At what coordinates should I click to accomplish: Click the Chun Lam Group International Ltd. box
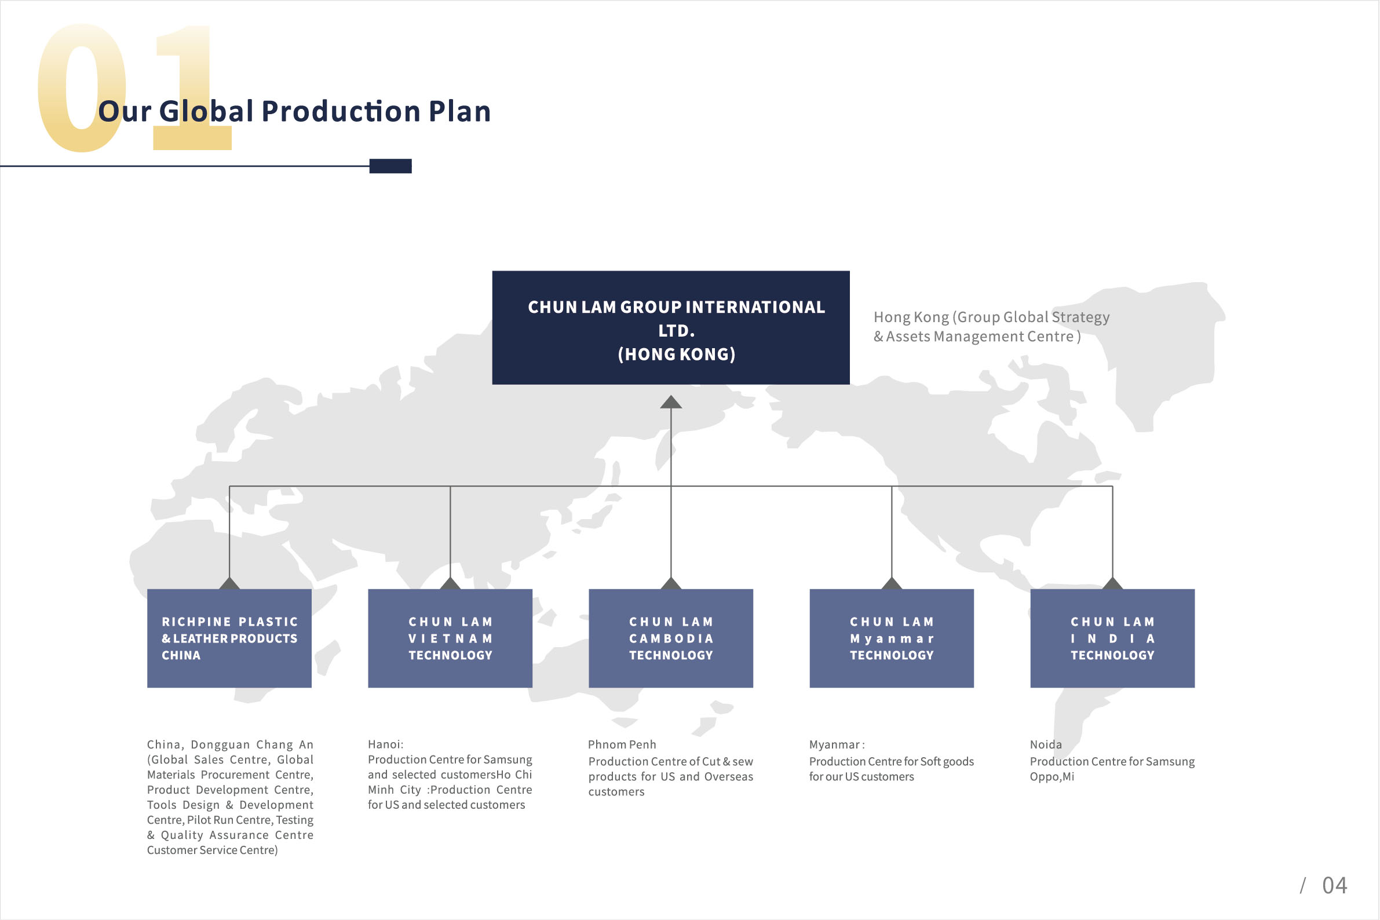671,327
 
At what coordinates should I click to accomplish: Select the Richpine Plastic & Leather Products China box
229,638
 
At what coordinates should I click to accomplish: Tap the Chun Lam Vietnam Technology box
450,638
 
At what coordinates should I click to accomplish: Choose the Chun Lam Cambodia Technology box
671,638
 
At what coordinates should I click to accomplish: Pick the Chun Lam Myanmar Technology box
892,638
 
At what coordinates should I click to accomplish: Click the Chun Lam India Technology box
1112,638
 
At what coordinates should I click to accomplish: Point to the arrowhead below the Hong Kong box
671,402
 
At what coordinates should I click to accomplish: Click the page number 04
1335,885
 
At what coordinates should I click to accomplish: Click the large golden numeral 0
82,88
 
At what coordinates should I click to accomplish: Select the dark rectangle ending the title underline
390,166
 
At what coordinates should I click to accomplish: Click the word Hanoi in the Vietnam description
384,744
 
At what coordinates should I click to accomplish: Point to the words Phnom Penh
622,744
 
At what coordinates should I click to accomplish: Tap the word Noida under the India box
1046,744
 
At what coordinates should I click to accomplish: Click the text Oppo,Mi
1052,777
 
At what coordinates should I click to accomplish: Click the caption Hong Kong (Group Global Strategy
992,317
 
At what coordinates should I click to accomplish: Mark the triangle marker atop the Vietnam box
450,583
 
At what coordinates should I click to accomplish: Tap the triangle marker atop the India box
1112,583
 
